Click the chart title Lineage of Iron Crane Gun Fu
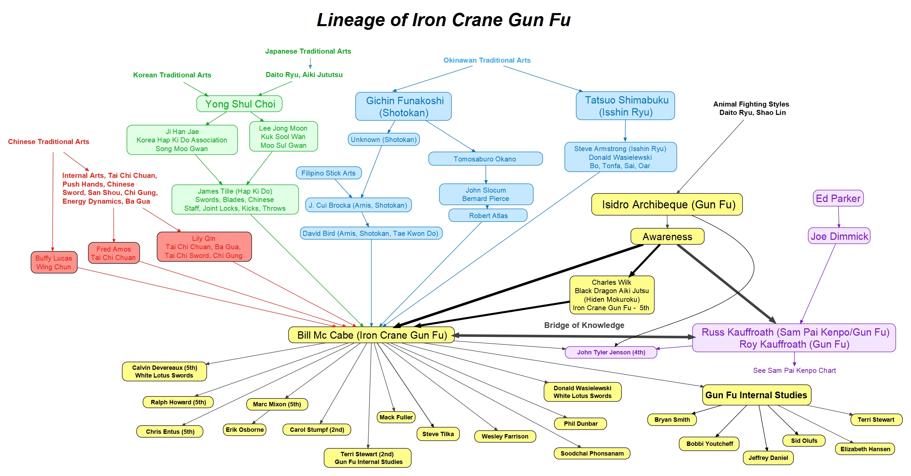[444, 20]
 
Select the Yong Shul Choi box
[239, 104]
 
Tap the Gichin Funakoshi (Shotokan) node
[403, 107]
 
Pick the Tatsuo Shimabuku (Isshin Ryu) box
[625, 106]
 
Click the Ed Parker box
[838, 198]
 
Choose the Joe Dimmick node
[839, 236]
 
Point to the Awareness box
[667, 236]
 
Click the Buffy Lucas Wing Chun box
[54, 262]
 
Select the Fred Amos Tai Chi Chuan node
[114, 253]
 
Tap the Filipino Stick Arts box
[329, 173]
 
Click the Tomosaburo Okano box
[485, 159]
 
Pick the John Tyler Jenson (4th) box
[611, 352]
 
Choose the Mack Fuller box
[396, 417]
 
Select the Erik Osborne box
[244, 430]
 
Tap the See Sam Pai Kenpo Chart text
[794, 370]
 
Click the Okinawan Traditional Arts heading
[487, 60]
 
